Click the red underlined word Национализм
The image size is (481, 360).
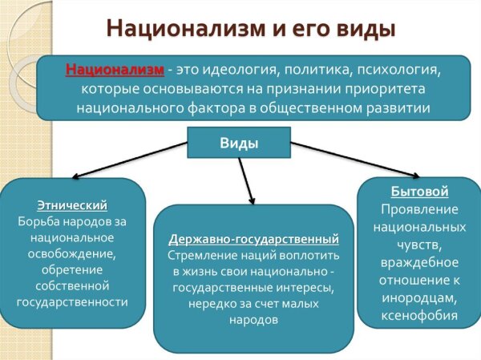[x=115, y=70]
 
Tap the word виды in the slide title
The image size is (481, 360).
[x=365, y=29]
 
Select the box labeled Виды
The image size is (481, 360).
[x=239, y=143]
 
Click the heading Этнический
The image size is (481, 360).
[x=72, y=205]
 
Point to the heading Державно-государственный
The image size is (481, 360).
[x=253, y=239]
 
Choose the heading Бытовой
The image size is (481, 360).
[x=419, y=191]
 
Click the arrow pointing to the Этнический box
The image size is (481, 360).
[x=129, y=160]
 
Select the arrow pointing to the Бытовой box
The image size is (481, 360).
[x=355, y=160]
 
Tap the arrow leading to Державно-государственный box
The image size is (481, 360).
[x=246, y=181]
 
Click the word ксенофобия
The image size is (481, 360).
[x=419, y=315]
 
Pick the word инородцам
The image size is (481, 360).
[x=419, y=298]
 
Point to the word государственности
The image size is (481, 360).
[x=72, y=302]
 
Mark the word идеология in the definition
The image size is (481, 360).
[x=240, y=70]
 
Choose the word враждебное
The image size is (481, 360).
[x=419, y=262]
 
